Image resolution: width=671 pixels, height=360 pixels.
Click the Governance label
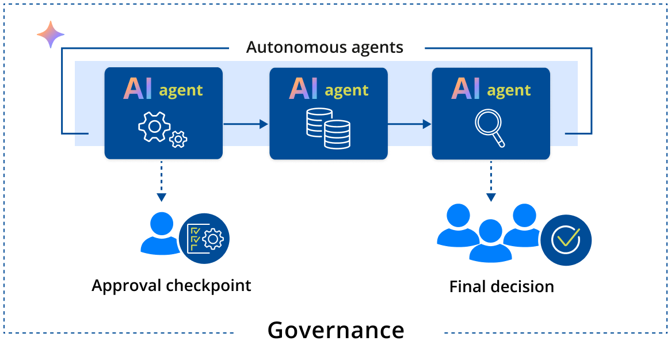coord(336,331)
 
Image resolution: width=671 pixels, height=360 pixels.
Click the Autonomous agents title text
coord(325,47)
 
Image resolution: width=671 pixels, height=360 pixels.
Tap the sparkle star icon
coord(51,35)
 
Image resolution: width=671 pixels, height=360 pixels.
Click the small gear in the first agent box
coord(179,138)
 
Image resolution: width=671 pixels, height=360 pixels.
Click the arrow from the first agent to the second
coord(246,124)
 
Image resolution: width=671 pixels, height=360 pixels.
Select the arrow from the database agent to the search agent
coord(409,124)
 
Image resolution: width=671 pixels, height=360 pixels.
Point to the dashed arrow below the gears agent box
coord(162,182)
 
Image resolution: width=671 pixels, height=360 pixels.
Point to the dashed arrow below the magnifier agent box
coord(490,182)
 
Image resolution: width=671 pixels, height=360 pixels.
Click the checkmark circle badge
coord(566,240)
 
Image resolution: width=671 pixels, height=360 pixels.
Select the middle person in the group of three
coord(490,241)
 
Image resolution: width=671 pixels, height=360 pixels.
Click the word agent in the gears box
coord(181,90)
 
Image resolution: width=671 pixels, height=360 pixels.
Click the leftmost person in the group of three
coord(458,226)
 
